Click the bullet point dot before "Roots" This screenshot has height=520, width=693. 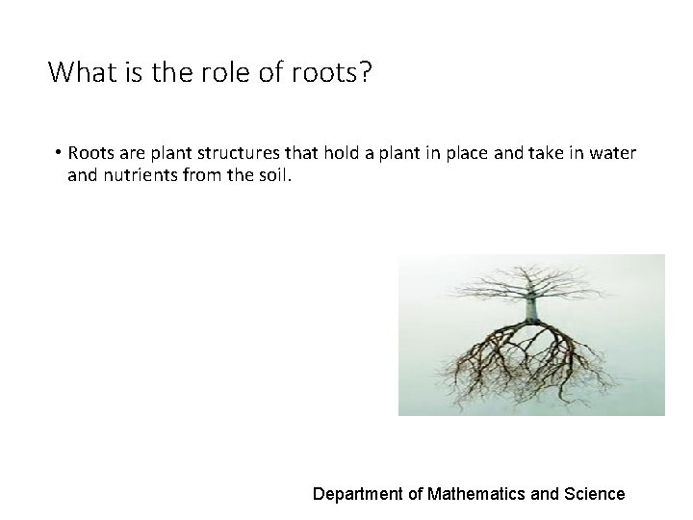(59, 155)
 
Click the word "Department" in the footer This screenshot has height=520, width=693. (356, 494)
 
